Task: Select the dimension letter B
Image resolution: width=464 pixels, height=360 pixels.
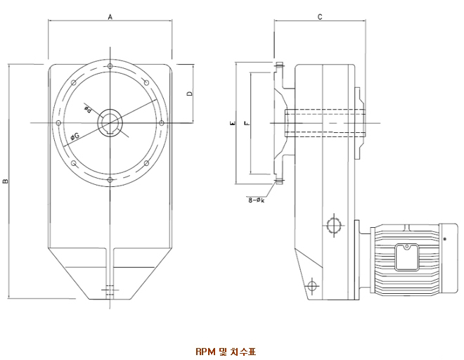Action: tap(5, 181)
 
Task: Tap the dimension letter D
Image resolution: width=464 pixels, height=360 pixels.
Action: tap(189, 94)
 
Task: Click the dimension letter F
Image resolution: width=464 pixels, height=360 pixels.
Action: tap(245, 123)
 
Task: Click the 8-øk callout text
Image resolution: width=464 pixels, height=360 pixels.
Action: tap(256, 200)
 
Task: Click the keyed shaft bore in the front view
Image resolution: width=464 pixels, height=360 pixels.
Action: tap(111, 122)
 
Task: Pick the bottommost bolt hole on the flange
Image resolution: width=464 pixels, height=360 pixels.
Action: tap(111, 181)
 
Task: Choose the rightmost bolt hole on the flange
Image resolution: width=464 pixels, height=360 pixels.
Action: tap(163, 123)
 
